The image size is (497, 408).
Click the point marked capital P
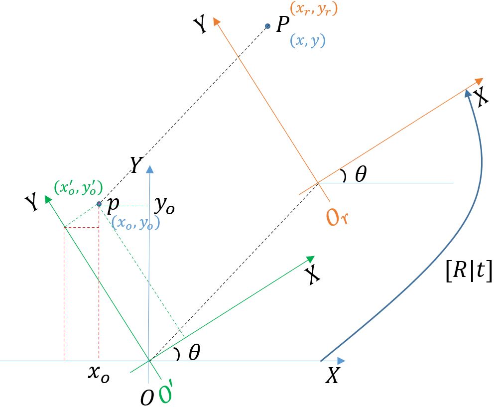point(267,26)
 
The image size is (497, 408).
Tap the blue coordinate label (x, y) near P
point(307,40)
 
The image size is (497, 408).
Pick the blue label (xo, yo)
point(135,224)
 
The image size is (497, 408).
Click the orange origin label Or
point(336,217)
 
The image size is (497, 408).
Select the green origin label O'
point(166,393)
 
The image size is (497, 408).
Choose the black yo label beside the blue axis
point(164,205)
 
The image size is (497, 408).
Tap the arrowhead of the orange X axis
point(479,81)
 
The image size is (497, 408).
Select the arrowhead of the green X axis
point(310,259)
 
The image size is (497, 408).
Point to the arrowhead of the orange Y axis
point(216,21)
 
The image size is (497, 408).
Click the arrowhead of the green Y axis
point(48,198)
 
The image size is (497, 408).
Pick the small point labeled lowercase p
point(99,204)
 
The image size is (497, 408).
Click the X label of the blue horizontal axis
point(332,377)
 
